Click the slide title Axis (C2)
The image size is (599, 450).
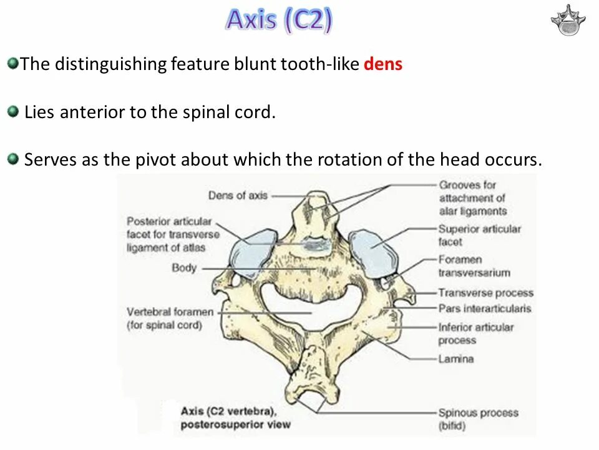[x=279, y=20]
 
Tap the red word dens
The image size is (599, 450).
[x=382, y=64]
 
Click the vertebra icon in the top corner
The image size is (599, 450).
[x=568, y=20]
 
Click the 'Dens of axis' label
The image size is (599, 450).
[x=238, y=196]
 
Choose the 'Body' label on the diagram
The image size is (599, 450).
[x=184, y=268]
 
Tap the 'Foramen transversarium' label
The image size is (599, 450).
[x=474, y=266]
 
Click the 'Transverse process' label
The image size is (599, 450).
[x=485, y=292]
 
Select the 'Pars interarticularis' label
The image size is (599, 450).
[x=484, y=308]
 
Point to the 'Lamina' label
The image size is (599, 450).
[x=455, y=359]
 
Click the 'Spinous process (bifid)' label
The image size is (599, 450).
[x=477, y=419]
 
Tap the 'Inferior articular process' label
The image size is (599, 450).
[x=475, y=334]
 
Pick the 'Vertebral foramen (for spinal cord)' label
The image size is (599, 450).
[x=170, y=318]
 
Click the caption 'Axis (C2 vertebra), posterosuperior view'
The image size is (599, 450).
[x=235, y=418]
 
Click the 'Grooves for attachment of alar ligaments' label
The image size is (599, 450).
[x=472, y=198]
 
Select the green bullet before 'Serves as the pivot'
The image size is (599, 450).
[x=13, y=159]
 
